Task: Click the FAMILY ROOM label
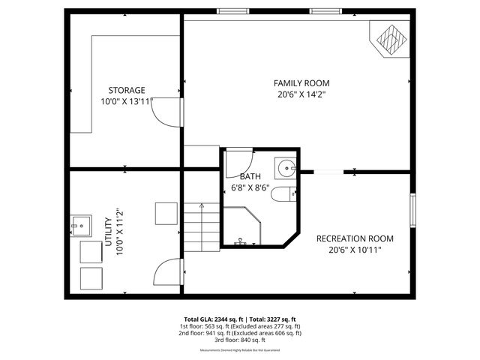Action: point(301,83)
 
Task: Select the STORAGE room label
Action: point(126,90)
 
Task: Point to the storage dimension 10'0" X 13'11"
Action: point(126,101)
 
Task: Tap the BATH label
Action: point(250,177)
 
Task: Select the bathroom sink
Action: point(285,166)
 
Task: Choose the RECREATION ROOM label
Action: point(355,238)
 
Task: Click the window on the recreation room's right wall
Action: point(412,209)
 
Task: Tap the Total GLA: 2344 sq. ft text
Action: point(211,319)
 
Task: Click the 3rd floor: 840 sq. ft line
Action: point(240,340)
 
